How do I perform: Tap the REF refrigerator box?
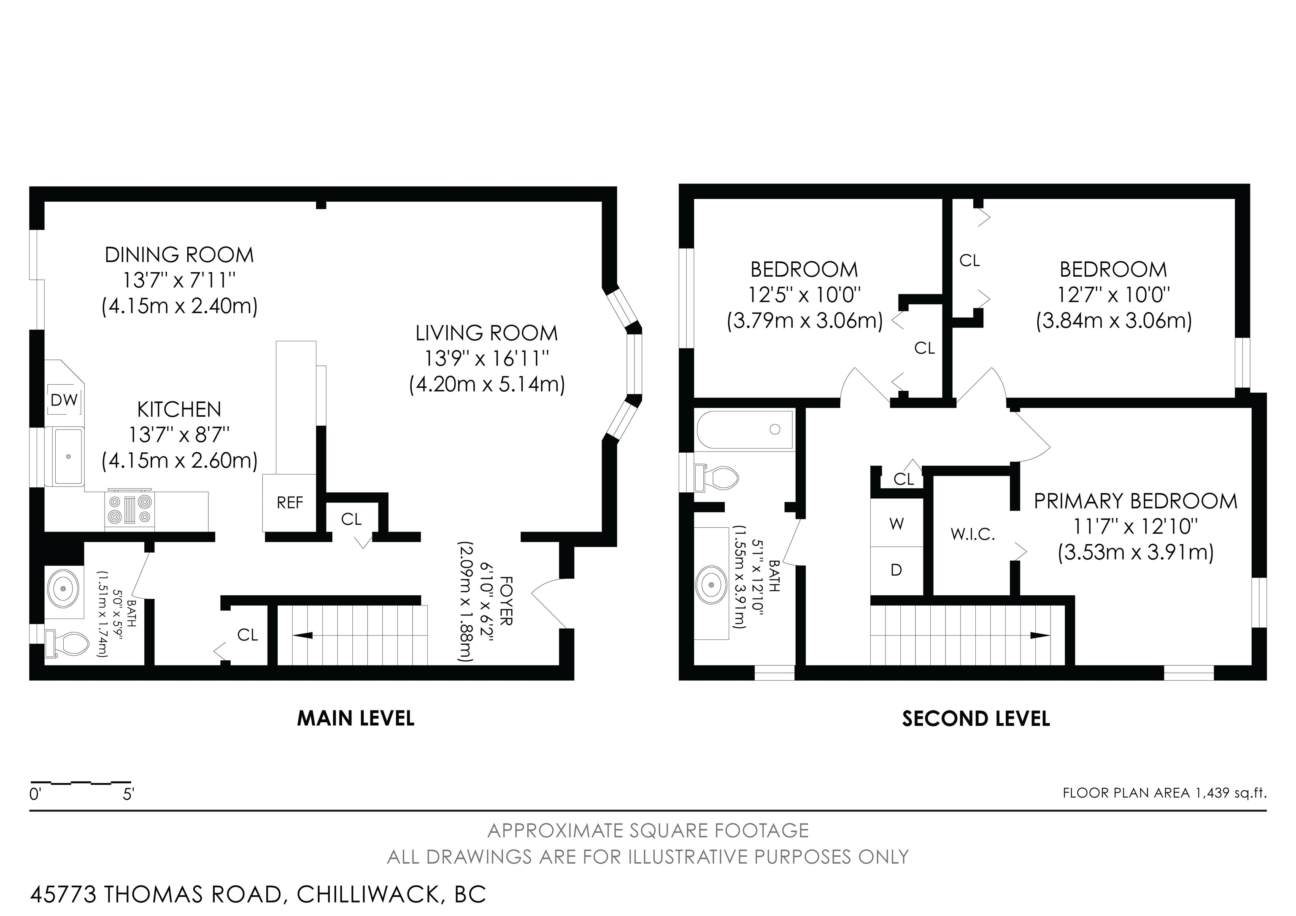pos(289,503)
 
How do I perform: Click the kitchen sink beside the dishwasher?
pos(68,456)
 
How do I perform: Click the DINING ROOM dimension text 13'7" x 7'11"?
pos(179,281)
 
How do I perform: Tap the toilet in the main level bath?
pos(68,643)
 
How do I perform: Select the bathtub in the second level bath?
pos(745,430)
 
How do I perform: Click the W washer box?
pos(896,524)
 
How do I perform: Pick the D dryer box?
pos(896,570)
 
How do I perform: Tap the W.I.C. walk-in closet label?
pos(972,535)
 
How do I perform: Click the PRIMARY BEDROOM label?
pos(1135,501)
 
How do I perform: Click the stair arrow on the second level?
pos(1037,635)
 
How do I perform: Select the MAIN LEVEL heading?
pos(356,719)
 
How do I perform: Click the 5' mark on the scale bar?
pos(128,794)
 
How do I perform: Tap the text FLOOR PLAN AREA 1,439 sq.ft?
pos(1164,792)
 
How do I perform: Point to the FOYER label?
pos(506,600)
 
